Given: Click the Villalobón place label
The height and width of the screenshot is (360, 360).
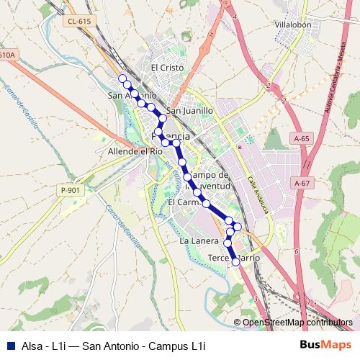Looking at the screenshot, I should [292, 24].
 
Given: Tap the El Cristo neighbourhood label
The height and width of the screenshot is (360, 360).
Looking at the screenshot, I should [168, 67].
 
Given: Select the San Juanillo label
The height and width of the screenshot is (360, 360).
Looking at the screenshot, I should [190, 111].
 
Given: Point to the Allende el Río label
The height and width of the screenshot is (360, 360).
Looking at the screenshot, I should [135, 152].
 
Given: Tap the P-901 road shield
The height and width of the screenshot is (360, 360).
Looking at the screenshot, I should [71, 190].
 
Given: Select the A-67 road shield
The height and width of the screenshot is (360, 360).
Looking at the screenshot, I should [301, 184].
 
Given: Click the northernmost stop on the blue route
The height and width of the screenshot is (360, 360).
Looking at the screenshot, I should [122, 78].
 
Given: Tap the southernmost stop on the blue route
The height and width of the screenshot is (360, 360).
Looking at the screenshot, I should [235, 262].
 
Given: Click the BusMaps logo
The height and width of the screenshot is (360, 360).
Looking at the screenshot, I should [326, 346].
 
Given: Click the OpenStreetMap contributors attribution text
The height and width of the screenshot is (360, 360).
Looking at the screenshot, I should [297, 323].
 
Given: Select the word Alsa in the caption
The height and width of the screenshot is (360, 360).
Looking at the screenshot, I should [33, 346].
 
